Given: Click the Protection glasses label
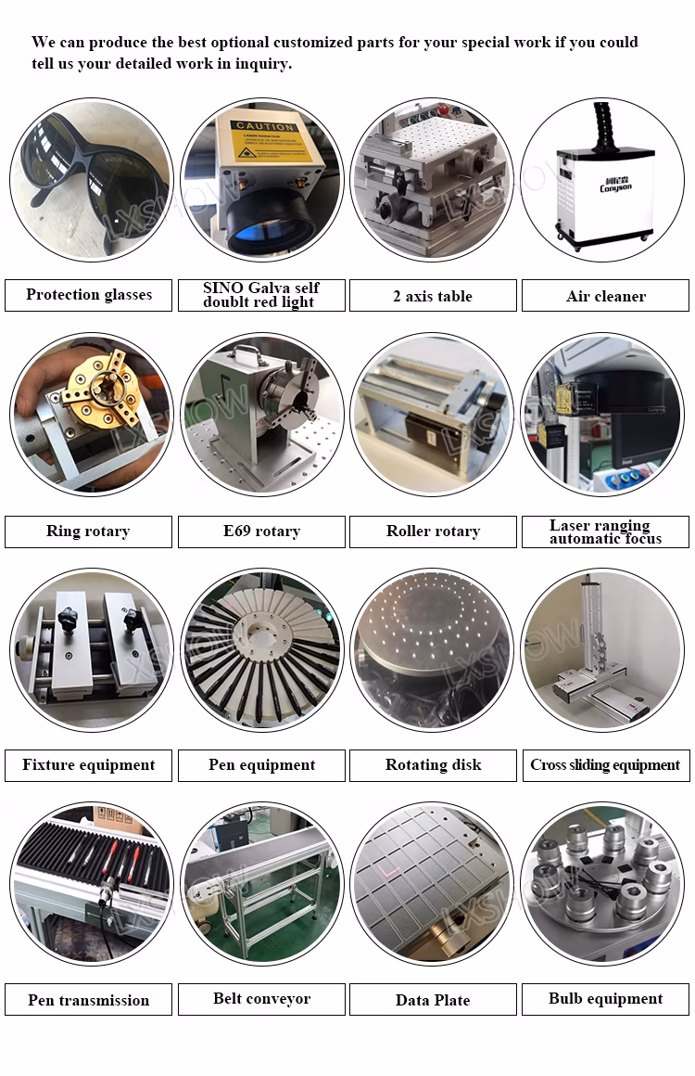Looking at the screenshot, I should tap(89, 295).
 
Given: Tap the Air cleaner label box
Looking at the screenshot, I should tap(605, 296).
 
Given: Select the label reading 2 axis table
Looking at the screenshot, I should tap(433, 296).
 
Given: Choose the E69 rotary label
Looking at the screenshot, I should tap(261, 532).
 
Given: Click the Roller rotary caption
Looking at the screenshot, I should tap(433, 532).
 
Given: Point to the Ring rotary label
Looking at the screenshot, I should tap(88, 532).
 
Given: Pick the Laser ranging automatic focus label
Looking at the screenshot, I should tap(605, 532).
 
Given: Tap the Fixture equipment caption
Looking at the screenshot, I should tap(88, 765).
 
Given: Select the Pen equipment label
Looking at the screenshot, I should tap(261, 765).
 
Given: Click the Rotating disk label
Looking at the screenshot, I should tap(433, 765).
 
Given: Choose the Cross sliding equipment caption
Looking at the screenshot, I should tap(605, 765).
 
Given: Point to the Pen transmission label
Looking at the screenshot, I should tap(88, 1000).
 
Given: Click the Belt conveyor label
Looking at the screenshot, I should tap(261, 999).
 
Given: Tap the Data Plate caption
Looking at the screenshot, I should tap(433, 1000).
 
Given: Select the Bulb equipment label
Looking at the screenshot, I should tap(605, 999).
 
